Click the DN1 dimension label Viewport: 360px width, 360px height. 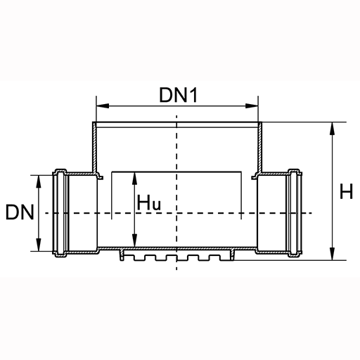[179, 95]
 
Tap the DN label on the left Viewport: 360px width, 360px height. [20, 212]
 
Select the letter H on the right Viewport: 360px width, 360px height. [346, 191]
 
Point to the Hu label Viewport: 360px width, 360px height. [149, 202]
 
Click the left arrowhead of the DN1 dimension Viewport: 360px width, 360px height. [103, 105]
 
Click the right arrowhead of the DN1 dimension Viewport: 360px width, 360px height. [252, 105]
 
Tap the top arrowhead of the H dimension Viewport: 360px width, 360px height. [332, 129]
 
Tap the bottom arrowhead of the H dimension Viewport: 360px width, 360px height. [332, 254]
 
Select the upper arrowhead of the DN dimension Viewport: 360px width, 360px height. [39, 181]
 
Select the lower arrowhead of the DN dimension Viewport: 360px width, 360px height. [39, 245]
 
